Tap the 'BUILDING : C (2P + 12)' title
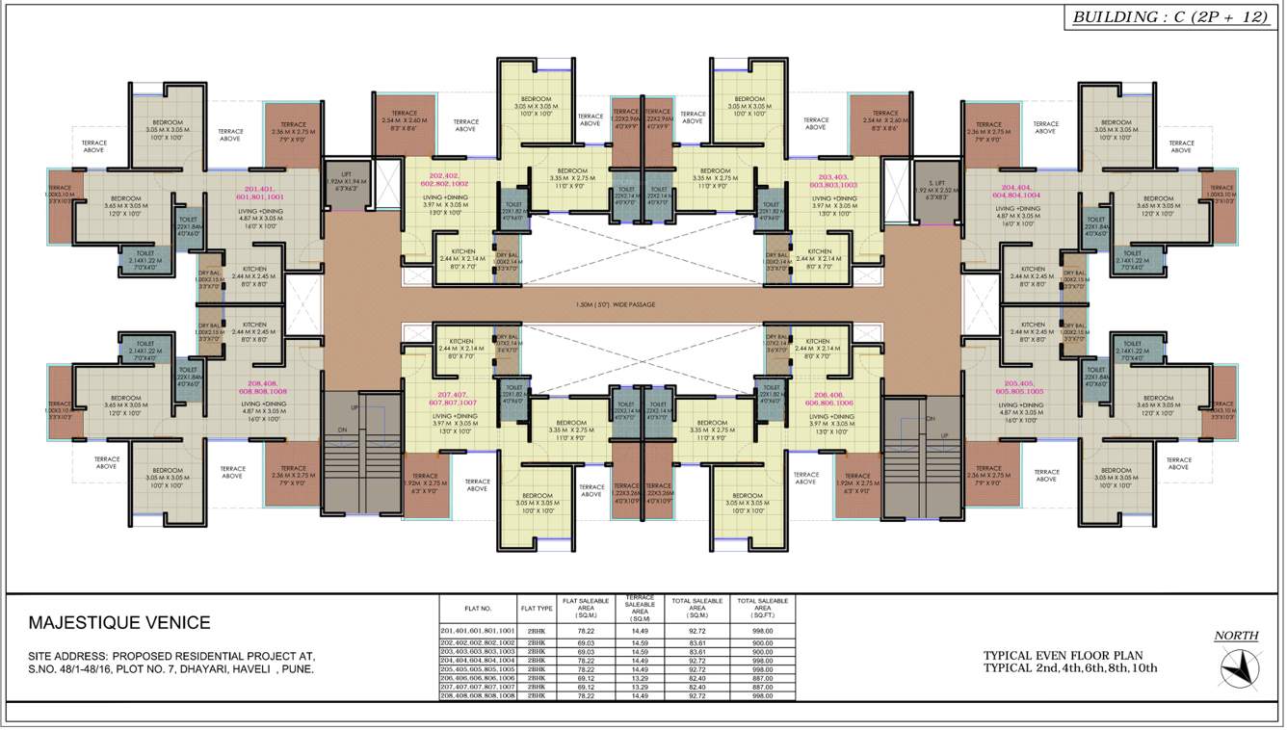(x=1170, y=17)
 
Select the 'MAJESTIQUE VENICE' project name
(x=119, y=623)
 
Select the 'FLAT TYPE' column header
(x=537, y=609)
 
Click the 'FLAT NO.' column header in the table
(x=479, y=609)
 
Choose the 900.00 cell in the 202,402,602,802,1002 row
(x=762, y=641)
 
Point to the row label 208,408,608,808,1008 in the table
(x=479, y=695)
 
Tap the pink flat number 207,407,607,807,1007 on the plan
(x=458, y=399)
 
